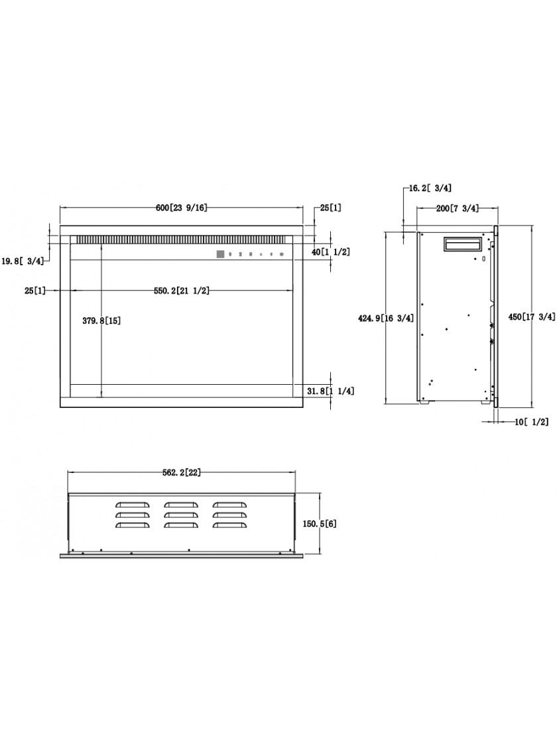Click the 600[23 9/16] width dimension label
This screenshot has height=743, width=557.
click(x=182, y=208)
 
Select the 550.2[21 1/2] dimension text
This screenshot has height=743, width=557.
click(x=182, y=291)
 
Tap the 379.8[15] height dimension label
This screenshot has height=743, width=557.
click(x=101, y=320)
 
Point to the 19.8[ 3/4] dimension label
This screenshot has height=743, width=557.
click(x=23, y=260)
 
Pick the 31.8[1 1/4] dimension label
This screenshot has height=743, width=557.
click(x=330, y=391)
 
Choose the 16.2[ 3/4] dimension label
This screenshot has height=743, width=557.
click(x=427, y=188)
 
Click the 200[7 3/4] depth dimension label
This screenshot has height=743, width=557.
click(x=457, y=208)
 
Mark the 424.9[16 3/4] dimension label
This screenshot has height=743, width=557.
click(x=386, y=318)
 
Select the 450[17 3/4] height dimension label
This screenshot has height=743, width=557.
click(x=532, y=317)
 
